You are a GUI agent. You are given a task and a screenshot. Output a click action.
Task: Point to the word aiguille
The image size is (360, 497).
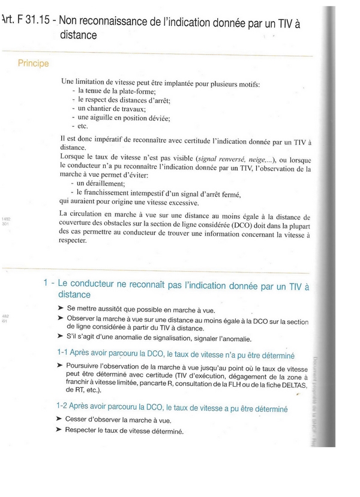(x=105, y=118)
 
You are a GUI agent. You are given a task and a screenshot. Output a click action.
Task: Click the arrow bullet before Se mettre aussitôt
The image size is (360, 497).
(x=61, y=308)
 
